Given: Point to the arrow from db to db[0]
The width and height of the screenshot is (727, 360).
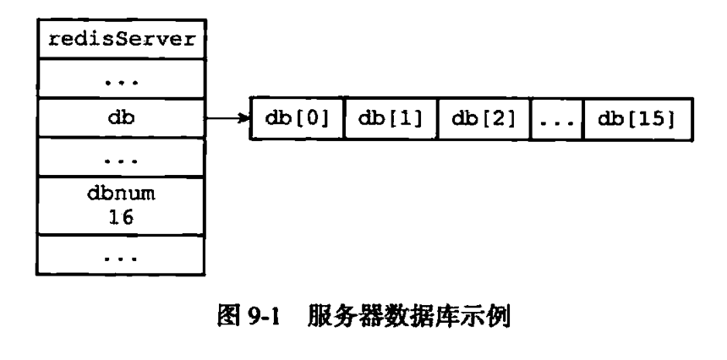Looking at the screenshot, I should (227, 119).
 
